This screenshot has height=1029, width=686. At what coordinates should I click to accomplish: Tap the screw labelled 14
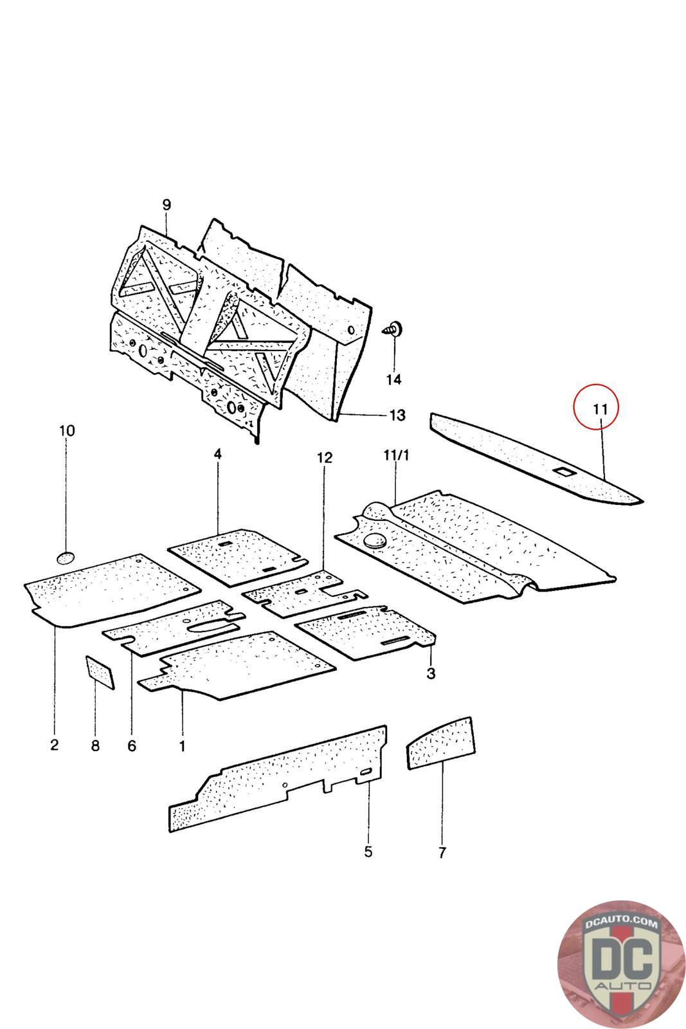[x=393, y=329]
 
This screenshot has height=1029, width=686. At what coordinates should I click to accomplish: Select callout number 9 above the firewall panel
[x=167, y=205]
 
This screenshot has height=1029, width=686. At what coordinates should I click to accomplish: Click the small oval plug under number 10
[x=66, y=557]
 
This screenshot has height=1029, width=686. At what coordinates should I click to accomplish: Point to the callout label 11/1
[x=396, y=456]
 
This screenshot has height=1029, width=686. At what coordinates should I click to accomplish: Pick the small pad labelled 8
[x=100, y=671]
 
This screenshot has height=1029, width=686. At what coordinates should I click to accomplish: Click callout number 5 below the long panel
[x=368, y=852]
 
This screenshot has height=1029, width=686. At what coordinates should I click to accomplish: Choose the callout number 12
[x=325, y=458]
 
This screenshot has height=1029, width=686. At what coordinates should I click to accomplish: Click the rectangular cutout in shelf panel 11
[x=564, y=472]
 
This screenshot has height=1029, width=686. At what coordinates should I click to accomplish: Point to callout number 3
[x=431, y=673]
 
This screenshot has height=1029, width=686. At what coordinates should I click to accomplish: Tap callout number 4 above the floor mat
[x=218, y=454]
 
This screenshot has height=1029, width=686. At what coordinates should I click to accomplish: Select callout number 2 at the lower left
[x=54, y=745]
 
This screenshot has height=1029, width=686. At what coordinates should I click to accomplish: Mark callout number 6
[x=132, y=745]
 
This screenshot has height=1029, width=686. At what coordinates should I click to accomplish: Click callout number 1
[x=182, y=746]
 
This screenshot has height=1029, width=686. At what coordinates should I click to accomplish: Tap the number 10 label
[x=67, y=430]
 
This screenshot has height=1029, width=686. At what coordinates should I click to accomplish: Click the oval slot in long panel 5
[x=366, y=772]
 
